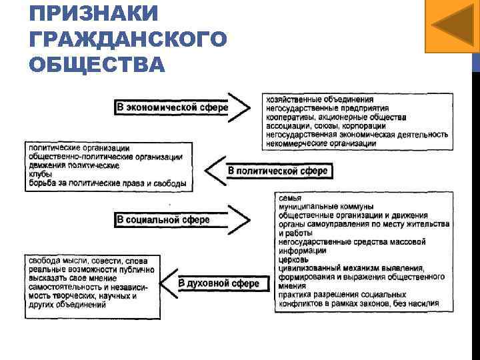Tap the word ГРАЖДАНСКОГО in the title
point(129,39)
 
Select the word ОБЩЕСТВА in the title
point(97,65)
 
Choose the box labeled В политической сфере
point(278,171)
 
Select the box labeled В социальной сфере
point(163,219)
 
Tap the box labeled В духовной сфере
point(219,283)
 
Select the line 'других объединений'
point(68,305)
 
